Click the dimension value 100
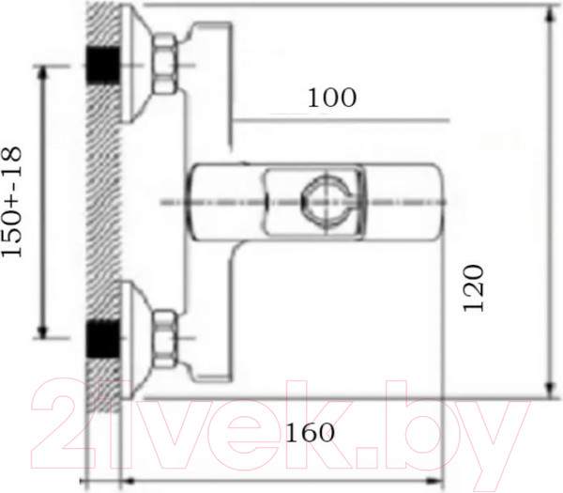pyautogui.click(x=332, y=98)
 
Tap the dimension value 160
pyautogui.click(x=310, y=433)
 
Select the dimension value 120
pyautogui.click(x=474, y=288)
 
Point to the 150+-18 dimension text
pyautogui.click(x=12, y=202)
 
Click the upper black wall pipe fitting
pyautogui.click(x=102, y=65)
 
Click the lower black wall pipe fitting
pyautogui.click(x=102, y=339)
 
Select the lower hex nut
pyautogui.click(x=165, y=339)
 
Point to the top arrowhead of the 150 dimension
pyautogui.click(x=43, y=71)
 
